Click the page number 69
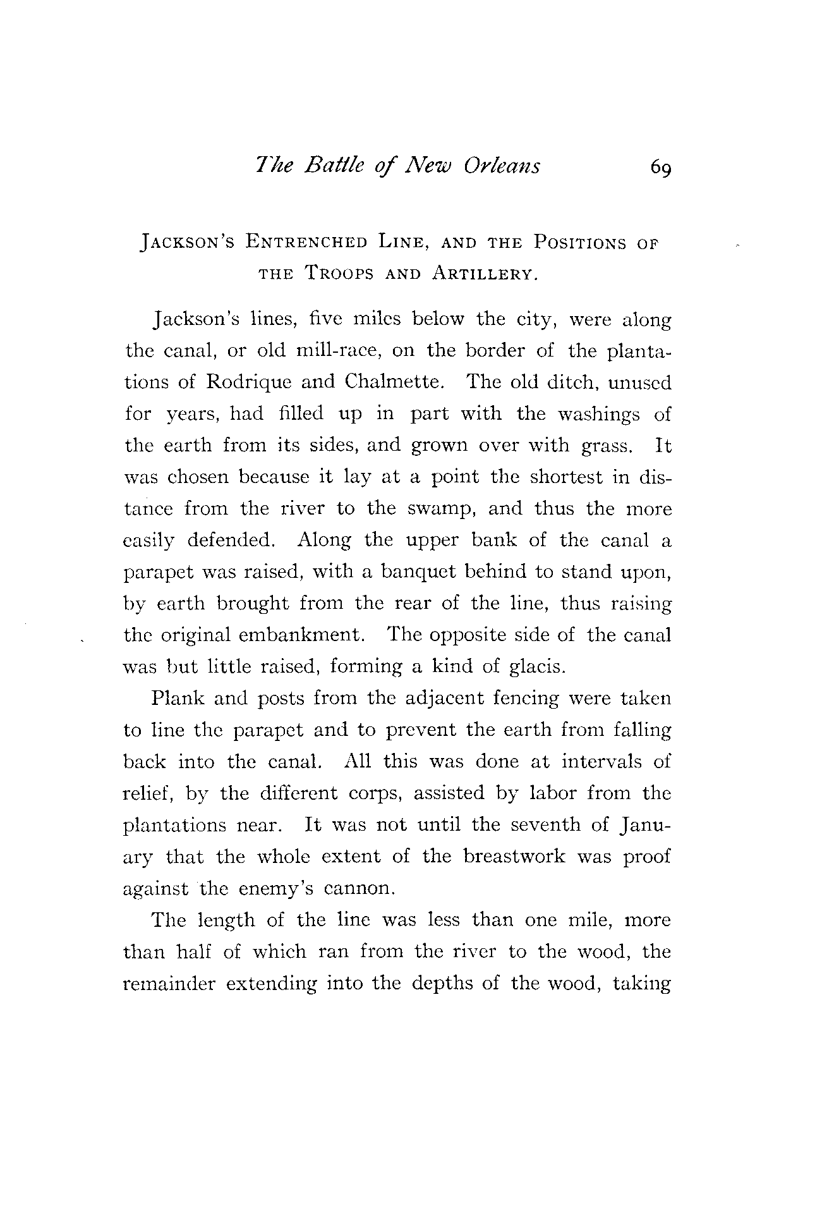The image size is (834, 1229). [x=660, y=168]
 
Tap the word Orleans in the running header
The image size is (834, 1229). [x=502, y=166]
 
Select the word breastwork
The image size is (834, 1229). [x=514, y=857]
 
